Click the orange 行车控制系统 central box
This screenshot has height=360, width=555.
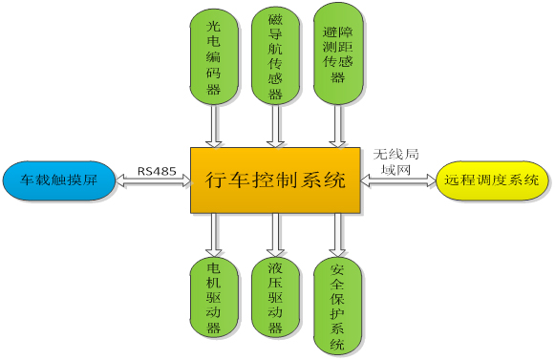tap(275, 179)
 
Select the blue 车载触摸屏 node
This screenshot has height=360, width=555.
tap(58, 179)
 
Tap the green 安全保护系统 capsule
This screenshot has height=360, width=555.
tap(337, 306)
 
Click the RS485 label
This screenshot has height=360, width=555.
tap(153, 171)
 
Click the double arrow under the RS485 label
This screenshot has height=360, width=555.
tap(153, 181)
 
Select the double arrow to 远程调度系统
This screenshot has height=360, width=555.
tap(397, 180)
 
